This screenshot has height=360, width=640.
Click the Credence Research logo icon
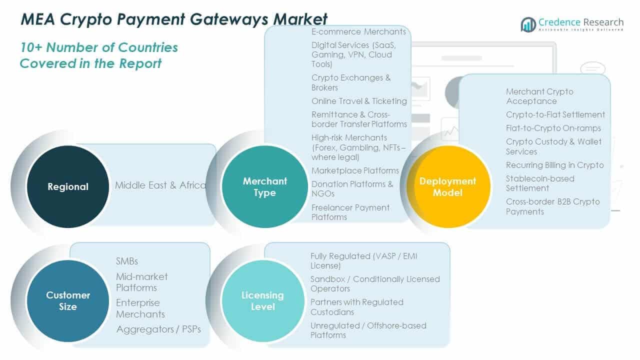528,24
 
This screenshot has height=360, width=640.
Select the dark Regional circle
68,186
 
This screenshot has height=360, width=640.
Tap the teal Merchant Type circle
264,186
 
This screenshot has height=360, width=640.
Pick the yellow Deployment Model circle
448,186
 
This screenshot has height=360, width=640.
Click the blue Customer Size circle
68,300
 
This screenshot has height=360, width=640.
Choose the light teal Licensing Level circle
262,300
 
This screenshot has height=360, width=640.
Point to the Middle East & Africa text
160,185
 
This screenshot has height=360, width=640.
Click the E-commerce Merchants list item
359,32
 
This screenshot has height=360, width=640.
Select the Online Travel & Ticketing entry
359,101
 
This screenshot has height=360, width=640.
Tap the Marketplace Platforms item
355,170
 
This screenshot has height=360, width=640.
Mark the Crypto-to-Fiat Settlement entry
555,114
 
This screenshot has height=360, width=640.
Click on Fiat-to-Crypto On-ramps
553,128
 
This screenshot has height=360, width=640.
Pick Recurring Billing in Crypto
554,165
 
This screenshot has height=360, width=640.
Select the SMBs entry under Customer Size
127,261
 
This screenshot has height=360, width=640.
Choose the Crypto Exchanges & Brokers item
351,82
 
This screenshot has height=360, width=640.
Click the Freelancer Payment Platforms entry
350,212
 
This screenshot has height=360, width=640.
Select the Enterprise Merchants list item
140,308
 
